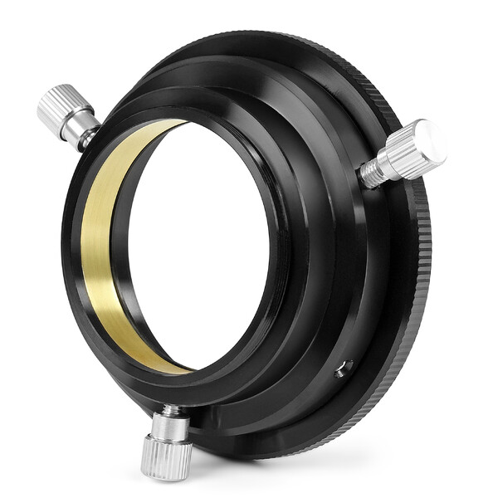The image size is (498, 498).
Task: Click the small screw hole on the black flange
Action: (x=343, y=368)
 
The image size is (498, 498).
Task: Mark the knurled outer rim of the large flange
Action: (x=422, y=274)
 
